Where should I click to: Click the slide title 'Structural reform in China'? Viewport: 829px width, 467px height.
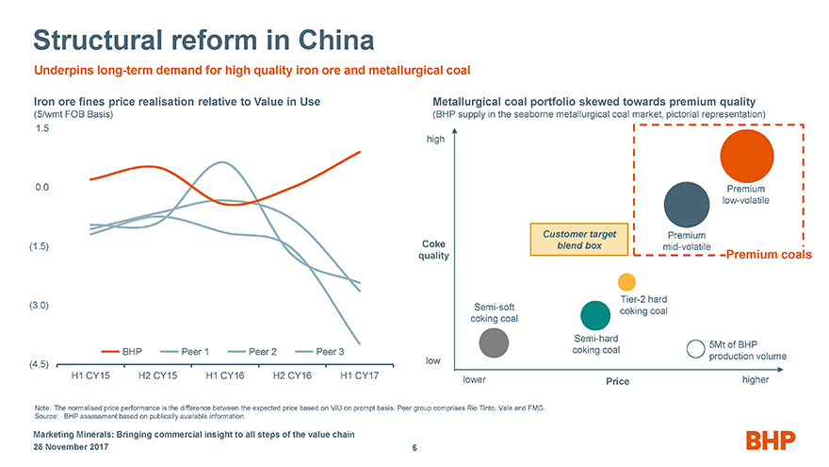pyautogui.click(x=203, y=40)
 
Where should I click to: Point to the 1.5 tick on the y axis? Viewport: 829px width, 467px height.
pyautogui.click(x=41, y=128)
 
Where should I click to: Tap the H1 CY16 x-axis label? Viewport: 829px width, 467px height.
pyautogui.click(x=225, y=375)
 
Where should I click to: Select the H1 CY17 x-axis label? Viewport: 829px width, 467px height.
pyautogui.click(x=359, y=375)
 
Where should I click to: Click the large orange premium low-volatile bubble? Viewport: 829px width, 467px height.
pyautogui.click(x=747, y=156)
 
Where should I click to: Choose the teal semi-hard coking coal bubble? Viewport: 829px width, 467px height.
pyautogui.click(x=595, y=316)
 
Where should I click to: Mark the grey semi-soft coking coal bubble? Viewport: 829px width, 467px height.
pyautogui.click(x=495, y=343)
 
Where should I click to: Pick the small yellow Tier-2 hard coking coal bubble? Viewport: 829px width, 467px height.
pyautogui.click(x=627, y=282)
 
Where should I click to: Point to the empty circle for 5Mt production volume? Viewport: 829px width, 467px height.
pyautogui.click(x=696, y=348)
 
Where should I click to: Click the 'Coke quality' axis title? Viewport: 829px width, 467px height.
pyautogui.click(x=434, y=250)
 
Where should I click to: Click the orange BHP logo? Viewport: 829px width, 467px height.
pyautogui.click(x=771, y=440)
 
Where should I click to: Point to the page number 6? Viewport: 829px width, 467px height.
pyautogui.click(x=414, y=447)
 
